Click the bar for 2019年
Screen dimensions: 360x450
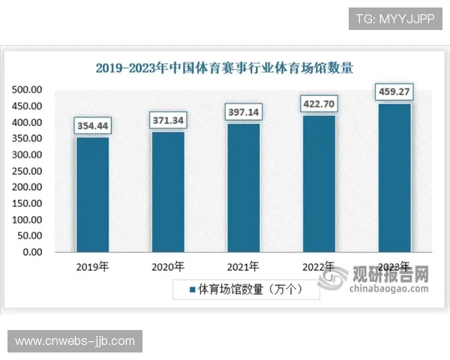[x=92, y=194]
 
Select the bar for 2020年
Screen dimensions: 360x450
[x=168, y=191]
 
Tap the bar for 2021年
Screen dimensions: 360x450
[x=244, y=187]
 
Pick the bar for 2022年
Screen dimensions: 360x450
[x=319, y=183]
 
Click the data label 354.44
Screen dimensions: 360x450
[x=92, y=125]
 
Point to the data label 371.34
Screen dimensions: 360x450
[x=168, y=120]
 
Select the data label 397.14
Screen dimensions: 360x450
[x=244, y=112]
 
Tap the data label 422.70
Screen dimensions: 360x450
[x=319, y=103]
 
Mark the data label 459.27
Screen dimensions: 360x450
[x=394, y=92]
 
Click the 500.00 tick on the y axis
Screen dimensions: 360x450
[x=26, y=90]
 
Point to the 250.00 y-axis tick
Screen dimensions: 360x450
[x=26, y=171]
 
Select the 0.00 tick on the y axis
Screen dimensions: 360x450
[x=31, y=253]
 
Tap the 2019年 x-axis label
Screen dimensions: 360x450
[x=92, y=266]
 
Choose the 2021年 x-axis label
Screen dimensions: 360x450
[x=244, y=266]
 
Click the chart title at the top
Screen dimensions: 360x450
[x=224, y=67]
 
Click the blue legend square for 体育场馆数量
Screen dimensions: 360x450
[x=192, y=289]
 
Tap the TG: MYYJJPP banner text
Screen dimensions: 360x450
[x=394, y=17]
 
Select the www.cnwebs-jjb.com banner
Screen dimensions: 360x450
[x=75, y=342]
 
